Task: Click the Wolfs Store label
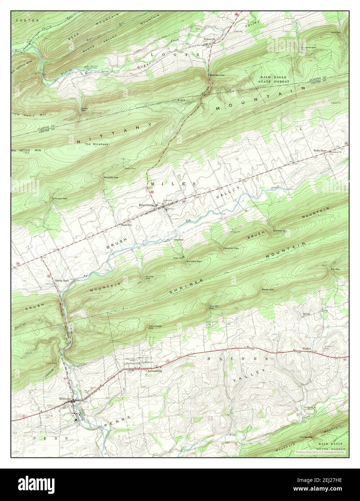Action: click(x=320, y=150)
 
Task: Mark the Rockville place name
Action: click(x=127, y=224)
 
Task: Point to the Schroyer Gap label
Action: click(x=60, y=198)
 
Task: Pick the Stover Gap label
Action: click(x=268, y=289)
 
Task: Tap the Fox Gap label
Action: click(x=335, y=269)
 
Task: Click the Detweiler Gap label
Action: click(x=231, y=248)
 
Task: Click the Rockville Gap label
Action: click(x=111, y=177)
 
